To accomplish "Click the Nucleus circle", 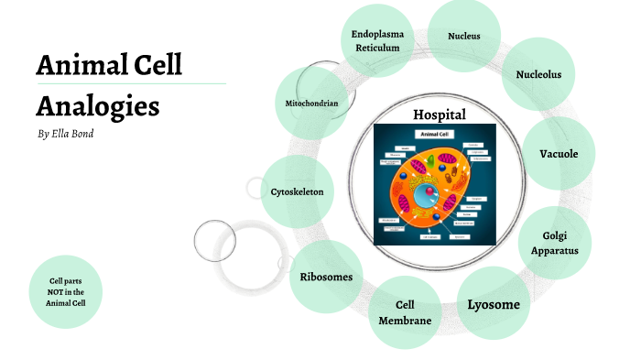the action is (463, 37).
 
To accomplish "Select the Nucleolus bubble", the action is (538, 74).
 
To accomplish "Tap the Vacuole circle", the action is (559, 154).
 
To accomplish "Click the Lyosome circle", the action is (494, 304).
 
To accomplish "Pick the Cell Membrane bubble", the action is (405, 312).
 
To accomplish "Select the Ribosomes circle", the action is (326, 277).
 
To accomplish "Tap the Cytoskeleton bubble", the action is (297, 191).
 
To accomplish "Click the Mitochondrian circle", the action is (312, 104).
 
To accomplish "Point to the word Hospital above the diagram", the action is (440, 115).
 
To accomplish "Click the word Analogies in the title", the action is (98, 105).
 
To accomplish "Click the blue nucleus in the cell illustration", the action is (425, 195).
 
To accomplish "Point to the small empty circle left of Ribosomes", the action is (215, 240).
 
